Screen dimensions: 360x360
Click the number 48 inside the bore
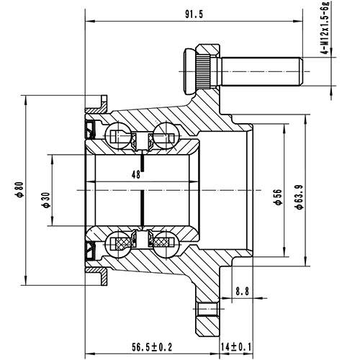tap(135, 174)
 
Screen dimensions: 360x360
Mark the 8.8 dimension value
tap(242, 292)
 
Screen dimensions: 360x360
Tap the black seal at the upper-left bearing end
tap(91, 129)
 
